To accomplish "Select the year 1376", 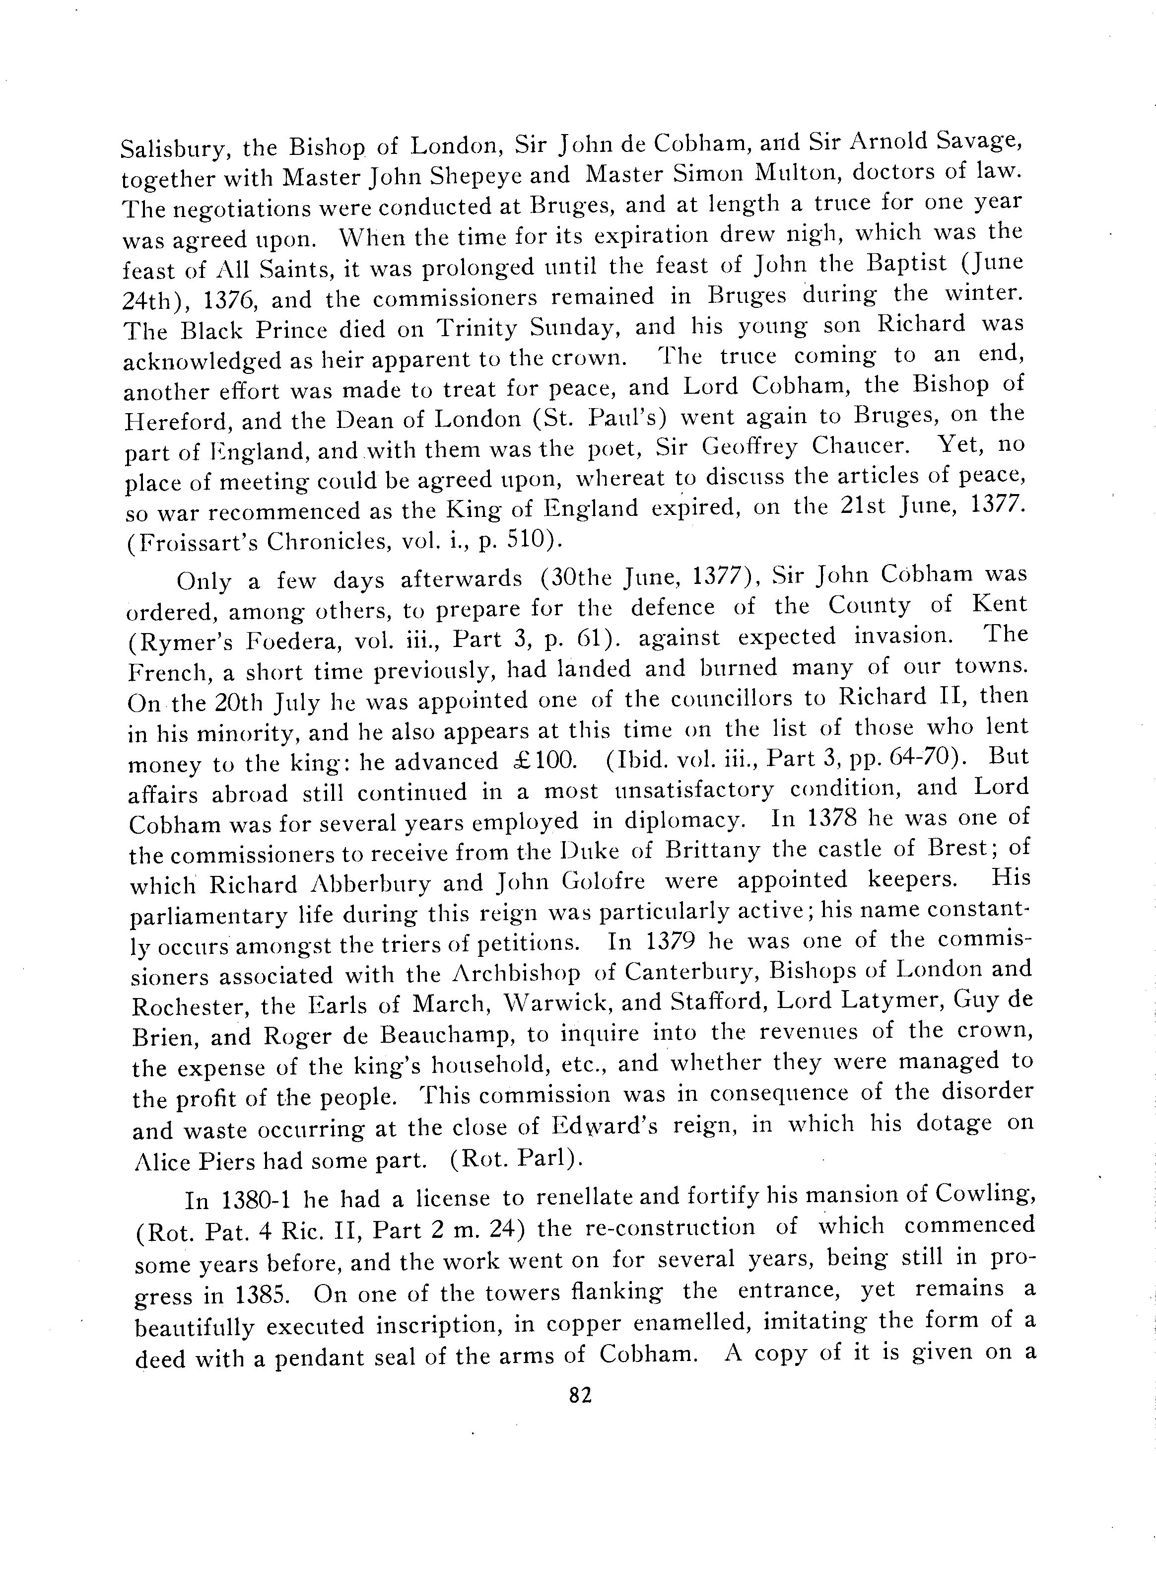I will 228,299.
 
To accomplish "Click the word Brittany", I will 712,851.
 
